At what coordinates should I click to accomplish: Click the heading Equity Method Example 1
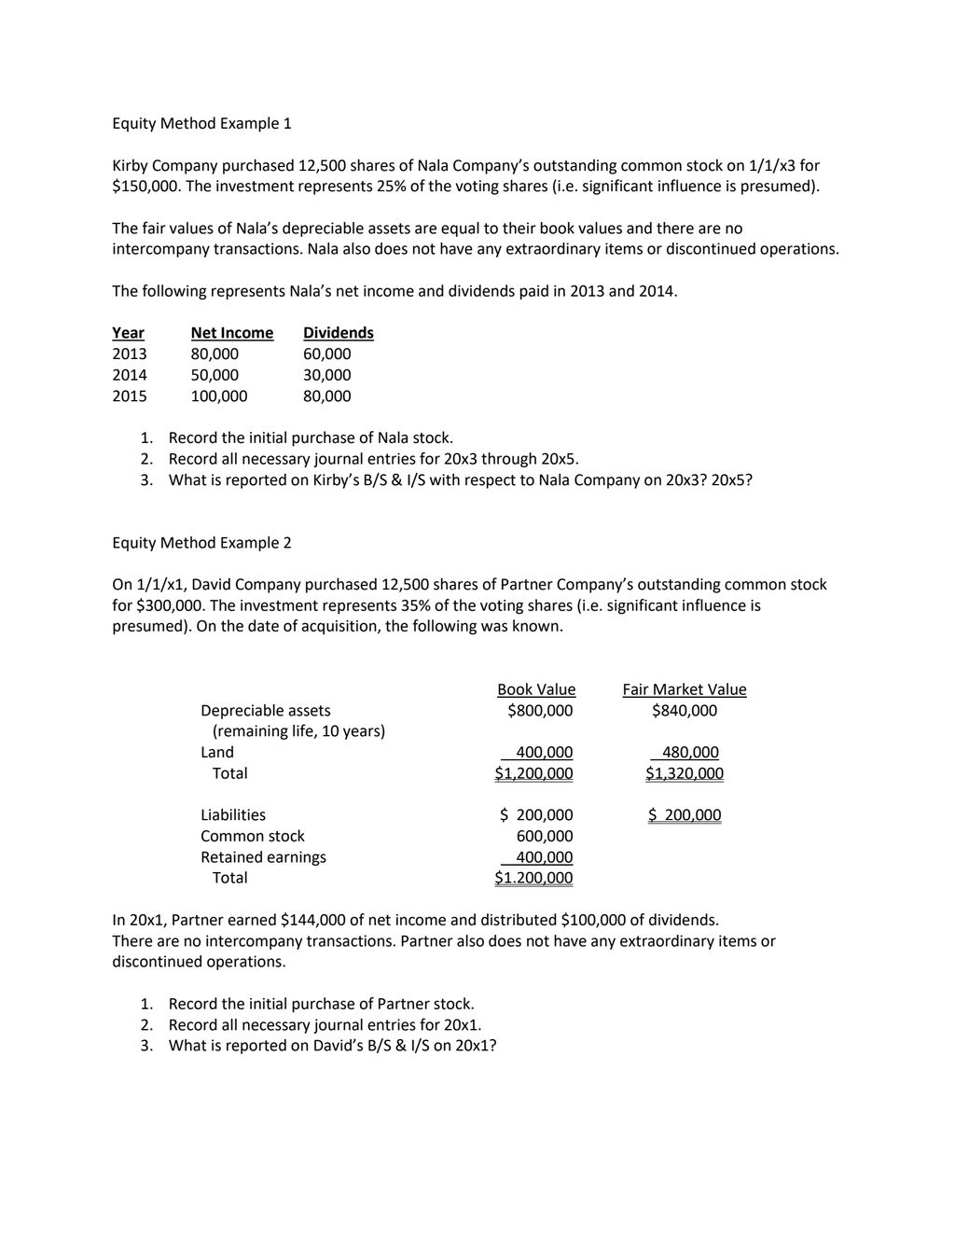(x=201, y=123)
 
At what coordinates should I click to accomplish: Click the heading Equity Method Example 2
(x=201, y=543)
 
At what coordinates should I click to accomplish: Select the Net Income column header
(x=231, y=333)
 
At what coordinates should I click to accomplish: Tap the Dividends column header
(x=338, y=333)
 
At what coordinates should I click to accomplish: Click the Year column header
(x=128, y=333)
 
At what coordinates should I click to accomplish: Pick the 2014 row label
(x=130, y=375)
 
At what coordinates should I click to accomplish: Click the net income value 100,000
(x=219, y=396)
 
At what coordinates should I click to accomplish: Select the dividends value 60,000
(x=327, y=354)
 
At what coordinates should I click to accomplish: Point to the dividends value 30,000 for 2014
(x=327, y=375)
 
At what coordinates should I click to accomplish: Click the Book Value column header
(x=536, y=689)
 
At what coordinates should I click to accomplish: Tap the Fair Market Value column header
(x=684, y=689)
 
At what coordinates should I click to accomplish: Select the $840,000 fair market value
(x=685, y=711)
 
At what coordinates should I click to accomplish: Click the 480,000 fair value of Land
(x=690, y=752)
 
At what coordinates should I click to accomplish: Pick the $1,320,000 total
(x=685, y=773)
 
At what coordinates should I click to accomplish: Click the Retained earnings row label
(x=263, y=857)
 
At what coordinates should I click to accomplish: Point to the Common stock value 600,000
(x=545, y=836)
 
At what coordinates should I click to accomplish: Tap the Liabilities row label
(x=233, y=815)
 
